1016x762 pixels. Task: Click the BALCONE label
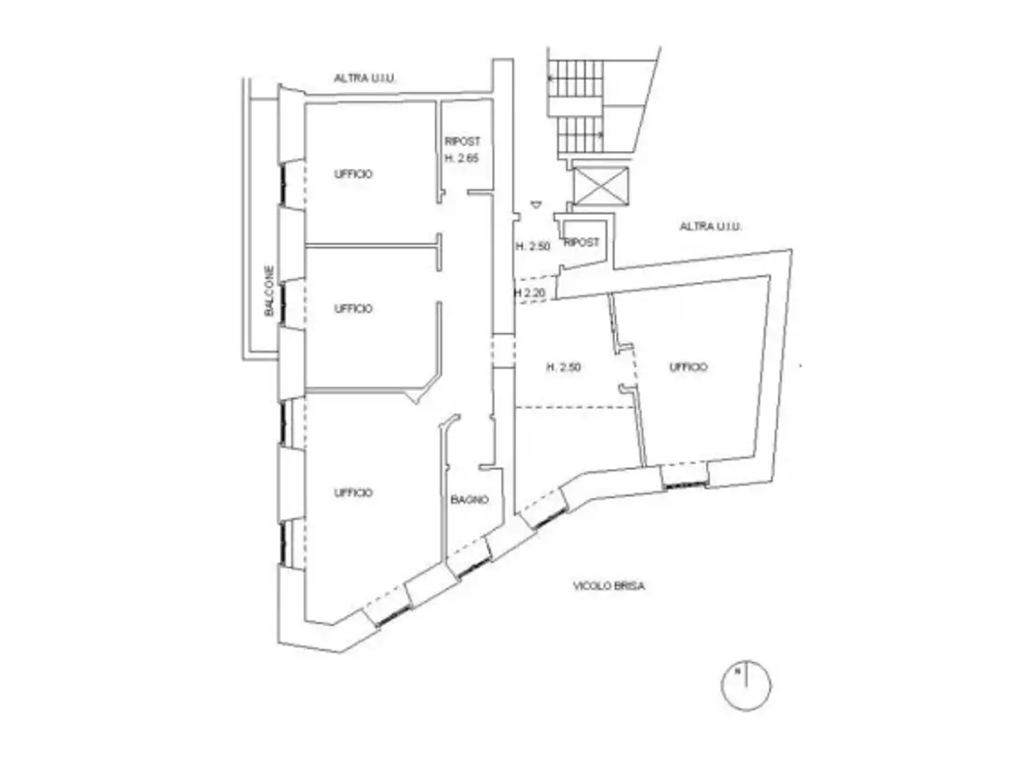pos(269,291)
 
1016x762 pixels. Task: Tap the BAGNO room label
pos(469,500)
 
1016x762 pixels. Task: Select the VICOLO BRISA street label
pos(609,587)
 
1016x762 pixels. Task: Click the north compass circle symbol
pos(746,685)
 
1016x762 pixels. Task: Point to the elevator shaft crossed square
pos(602,185)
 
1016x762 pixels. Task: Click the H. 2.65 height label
pos(461,158)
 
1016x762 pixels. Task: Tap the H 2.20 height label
pos(529,293)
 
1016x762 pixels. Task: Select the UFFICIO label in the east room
pos(688,367)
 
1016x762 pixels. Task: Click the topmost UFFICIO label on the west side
pos(353,174)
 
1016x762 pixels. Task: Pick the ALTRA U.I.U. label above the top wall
pos(365,79)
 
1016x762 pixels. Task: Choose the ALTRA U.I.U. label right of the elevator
pos(711,226)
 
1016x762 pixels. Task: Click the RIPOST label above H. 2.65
pos(463,141)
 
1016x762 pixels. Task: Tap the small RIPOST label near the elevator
pos(582,242)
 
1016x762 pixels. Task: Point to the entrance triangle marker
pos(536,204)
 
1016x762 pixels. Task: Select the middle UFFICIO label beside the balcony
pos(353,309)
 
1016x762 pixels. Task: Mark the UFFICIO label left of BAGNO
pos(353,493)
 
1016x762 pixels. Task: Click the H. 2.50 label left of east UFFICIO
pos(564,368)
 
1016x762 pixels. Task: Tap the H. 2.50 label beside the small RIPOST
pos(533,247)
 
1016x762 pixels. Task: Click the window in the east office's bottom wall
pos(684,484)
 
